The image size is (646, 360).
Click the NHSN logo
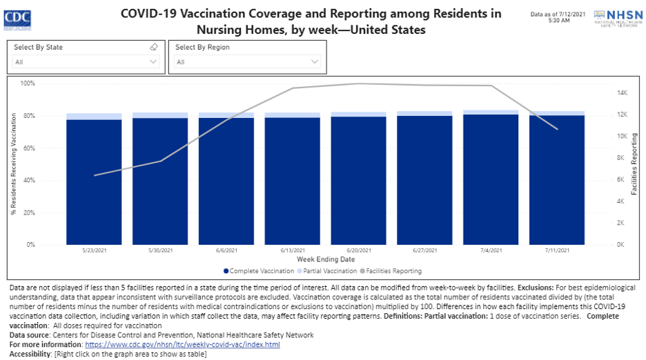(x=614, y=17)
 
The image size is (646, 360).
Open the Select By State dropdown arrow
(x=153, y=62)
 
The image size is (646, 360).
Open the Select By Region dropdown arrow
(x=315, y=62)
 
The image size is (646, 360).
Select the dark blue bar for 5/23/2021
(x=94, y=182)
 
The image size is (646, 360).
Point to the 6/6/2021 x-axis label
(x=226, y=250)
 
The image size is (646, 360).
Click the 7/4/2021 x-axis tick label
(x=491, y=250)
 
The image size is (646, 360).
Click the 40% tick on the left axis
(x=30, y=181)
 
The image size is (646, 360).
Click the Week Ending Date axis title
(x=325, y=259)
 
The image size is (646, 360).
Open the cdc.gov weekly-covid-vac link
(x=182, y=344)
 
